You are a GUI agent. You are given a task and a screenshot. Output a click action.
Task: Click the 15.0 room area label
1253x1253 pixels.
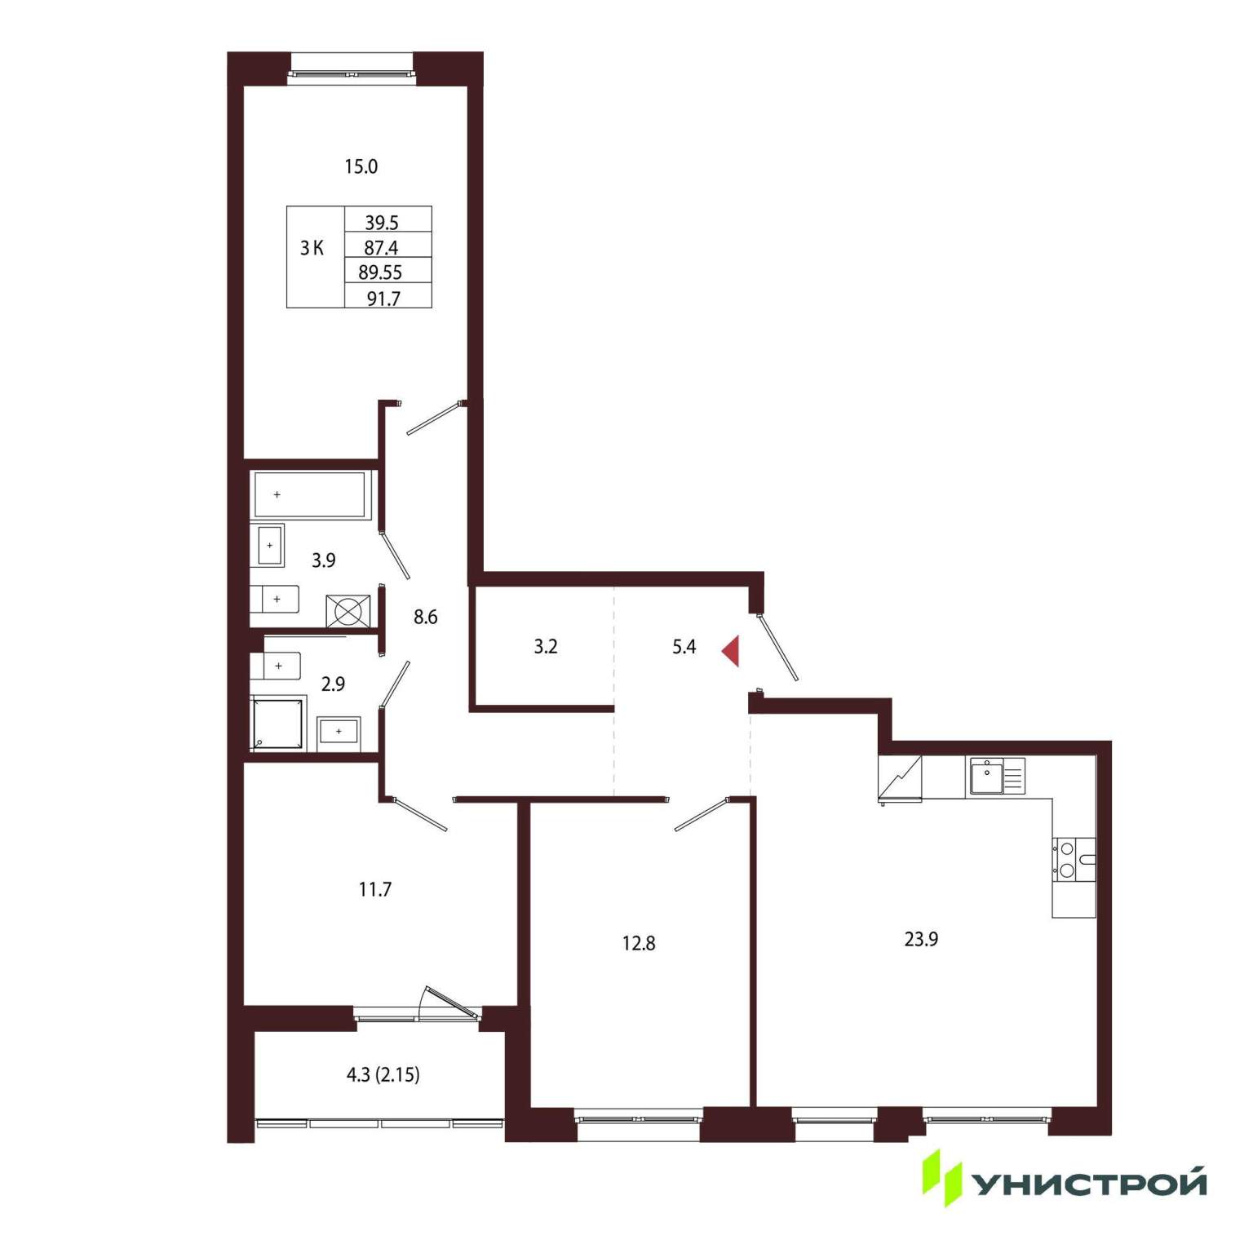click(x=361, y=166)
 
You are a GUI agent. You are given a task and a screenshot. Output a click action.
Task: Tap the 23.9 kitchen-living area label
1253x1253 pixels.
click(x=921, y=939)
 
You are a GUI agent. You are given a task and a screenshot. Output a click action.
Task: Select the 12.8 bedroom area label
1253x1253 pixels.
click(x=639, y=943)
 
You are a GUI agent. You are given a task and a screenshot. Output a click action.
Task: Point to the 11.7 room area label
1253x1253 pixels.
click(x=375, y=889)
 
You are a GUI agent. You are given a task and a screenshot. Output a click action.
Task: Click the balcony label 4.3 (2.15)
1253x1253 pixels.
click(x=383, y=1074)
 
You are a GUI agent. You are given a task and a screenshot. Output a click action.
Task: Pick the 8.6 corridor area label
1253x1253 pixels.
click(x=425, y=617)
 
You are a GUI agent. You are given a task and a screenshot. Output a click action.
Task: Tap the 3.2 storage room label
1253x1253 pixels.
click(x=546, y=646)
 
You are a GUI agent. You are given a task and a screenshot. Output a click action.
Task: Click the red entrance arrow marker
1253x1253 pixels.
click(x=731, y=651)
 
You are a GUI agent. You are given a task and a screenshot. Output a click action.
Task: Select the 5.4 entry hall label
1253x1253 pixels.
click(x=684, y=647)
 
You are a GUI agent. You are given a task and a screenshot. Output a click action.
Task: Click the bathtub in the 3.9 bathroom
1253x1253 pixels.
click(x=310, y=494)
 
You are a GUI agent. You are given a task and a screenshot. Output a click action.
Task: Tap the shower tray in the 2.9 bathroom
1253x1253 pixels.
click(x=277, y=723)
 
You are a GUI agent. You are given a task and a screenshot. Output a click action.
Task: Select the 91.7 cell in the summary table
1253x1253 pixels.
click(x=383, y=299)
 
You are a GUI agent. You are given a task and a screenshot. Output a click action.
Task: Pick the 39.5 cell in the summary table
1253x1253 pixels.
click(x=382, y=223)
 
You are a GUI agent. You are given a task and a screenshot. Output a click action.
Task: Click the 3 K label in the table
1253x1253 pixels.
click(x=312, y=248)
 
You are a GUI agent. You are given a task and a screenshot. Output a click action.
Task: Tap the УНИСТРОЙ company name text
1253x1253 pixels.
click(x=1090, y=1183)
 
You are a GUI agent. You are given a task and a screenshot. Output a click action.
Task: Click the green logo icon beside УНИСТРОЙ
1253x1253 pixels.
click(x=942, y=1178)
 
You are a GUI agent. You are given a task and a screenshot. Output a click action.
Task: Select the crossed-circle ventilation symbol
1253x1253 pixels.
click(x=348, y=611)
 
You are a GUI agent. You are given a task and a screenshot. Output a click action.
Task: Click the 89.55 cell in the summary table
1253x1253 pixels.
click(x=380, y=272)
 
